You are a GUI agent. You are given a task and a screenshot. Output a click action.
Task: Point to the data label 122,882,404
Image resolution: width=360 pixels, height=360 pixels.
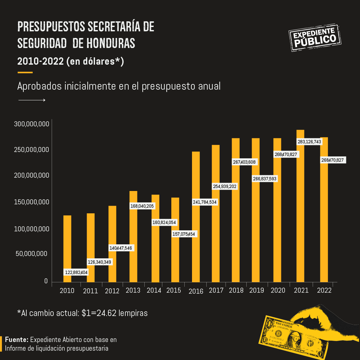click(76, 273)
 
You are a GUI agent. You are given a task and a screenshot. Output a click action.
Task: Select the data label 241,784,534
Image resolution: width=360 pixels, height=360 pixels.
click(205, 202)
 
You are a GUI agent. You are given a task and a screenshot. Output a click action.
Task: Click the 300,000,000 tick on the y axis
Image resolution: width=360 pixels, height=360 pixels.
click(32, 124)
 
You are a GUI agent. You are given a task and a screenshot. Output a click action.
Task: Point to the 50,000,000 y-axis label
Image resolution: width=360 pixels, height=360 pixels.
click(32, 254)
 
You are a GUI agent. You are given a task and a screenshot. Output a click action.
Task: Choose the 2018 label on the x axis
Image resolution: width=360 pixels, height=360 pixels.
click(236, 290)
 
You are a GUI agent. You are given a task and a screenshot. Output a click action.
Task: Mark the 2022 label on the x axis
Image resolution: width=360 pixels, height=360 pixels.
click(324, 290)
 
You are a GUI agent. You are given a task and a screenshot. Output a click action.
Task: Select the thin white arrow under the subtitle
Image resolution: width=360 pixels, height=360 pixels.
click(32, 100)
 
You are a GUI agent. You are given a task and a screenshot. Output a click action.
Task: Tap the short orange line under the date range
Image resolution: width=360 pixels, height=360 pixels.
click(25, 72)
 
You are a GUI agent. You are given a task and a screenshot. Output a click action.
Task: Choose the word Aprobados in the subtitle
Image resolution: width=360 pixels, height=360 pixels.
click(39, 86)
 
